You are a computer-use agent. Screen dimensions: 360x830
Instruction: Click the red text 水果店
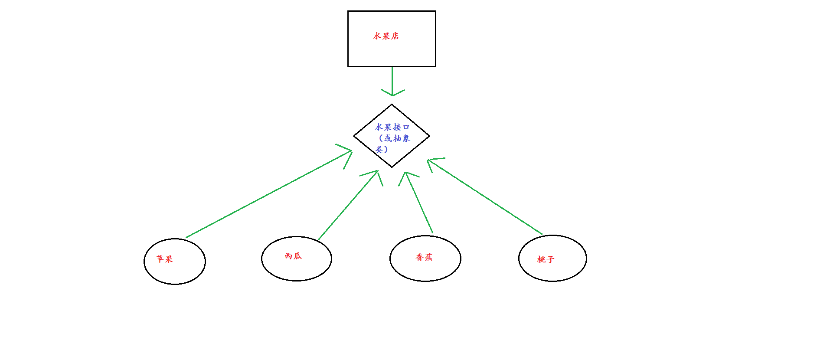(x=386, y=36)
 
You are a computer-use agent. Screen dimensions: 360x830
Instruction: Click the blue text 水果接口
(x=392, y=127)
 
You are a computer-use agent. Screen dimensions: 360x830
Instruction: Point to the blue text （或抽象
(x=394, y=138)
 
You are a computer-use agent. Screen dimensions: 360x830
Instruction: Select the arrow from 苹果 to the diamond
(x=269, y=194)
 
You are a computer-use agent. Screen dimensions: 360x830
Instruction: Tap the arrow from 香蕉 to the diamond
(x=419, y=203)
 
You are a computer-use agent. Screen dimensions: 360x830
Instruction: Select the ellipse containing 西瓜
(x=297, y=271)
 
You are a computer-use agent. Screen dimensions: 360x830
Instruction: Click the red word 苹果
(x=164, y=259)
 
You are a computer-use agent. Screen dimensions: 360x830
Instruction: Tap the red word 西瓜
(x=293, y=256)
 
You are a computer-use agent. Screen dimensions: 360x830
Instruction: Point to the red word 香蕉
(x=424, y=257)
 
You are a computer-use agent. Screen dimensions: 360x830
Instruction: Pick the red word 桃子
(x=546, y=259)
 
